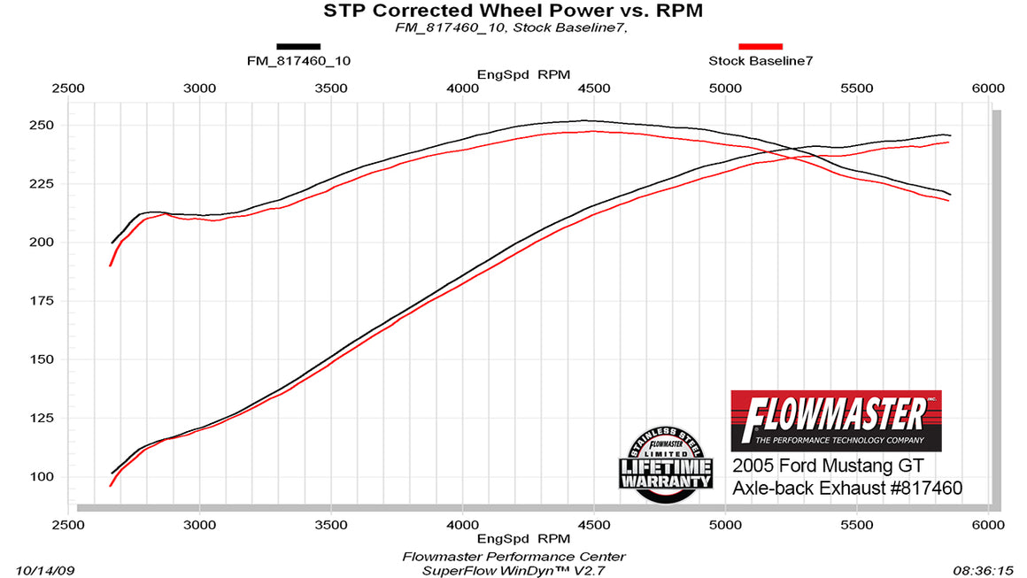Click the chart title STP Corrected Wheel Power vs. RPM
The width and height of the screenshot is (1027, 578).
513,11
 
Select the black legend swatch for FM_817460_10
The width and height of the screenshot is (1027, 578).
298,46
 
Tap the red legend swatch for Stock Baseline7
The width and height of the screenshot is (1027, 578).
761,46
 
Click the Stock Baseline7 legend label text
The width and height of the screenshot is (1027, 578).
761,61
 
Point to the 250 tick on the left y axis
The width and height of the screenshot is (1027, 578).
42,125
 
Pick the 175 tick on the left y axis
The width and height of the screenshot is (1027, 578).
42,301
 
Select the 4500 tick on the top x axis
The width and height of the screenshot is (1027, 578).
593,89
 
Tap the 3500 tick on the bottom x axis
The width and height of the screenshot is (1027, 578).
330,524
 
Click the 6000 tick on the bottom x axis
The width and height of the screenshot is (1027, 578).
987,524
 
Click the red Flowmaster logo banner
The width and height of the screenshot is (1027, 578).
836,420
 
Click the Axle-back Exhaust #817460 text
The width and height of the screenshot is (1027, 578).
847,488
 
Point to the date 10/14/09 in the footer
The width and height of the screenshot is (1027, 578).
42,571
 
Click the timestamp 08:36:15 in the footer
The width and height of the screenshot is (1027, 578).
986,571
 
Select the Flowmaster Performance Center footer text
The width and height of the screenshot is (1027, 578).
513,557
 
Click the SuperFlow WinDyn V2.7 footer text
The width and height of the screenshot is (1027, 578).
513,571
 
